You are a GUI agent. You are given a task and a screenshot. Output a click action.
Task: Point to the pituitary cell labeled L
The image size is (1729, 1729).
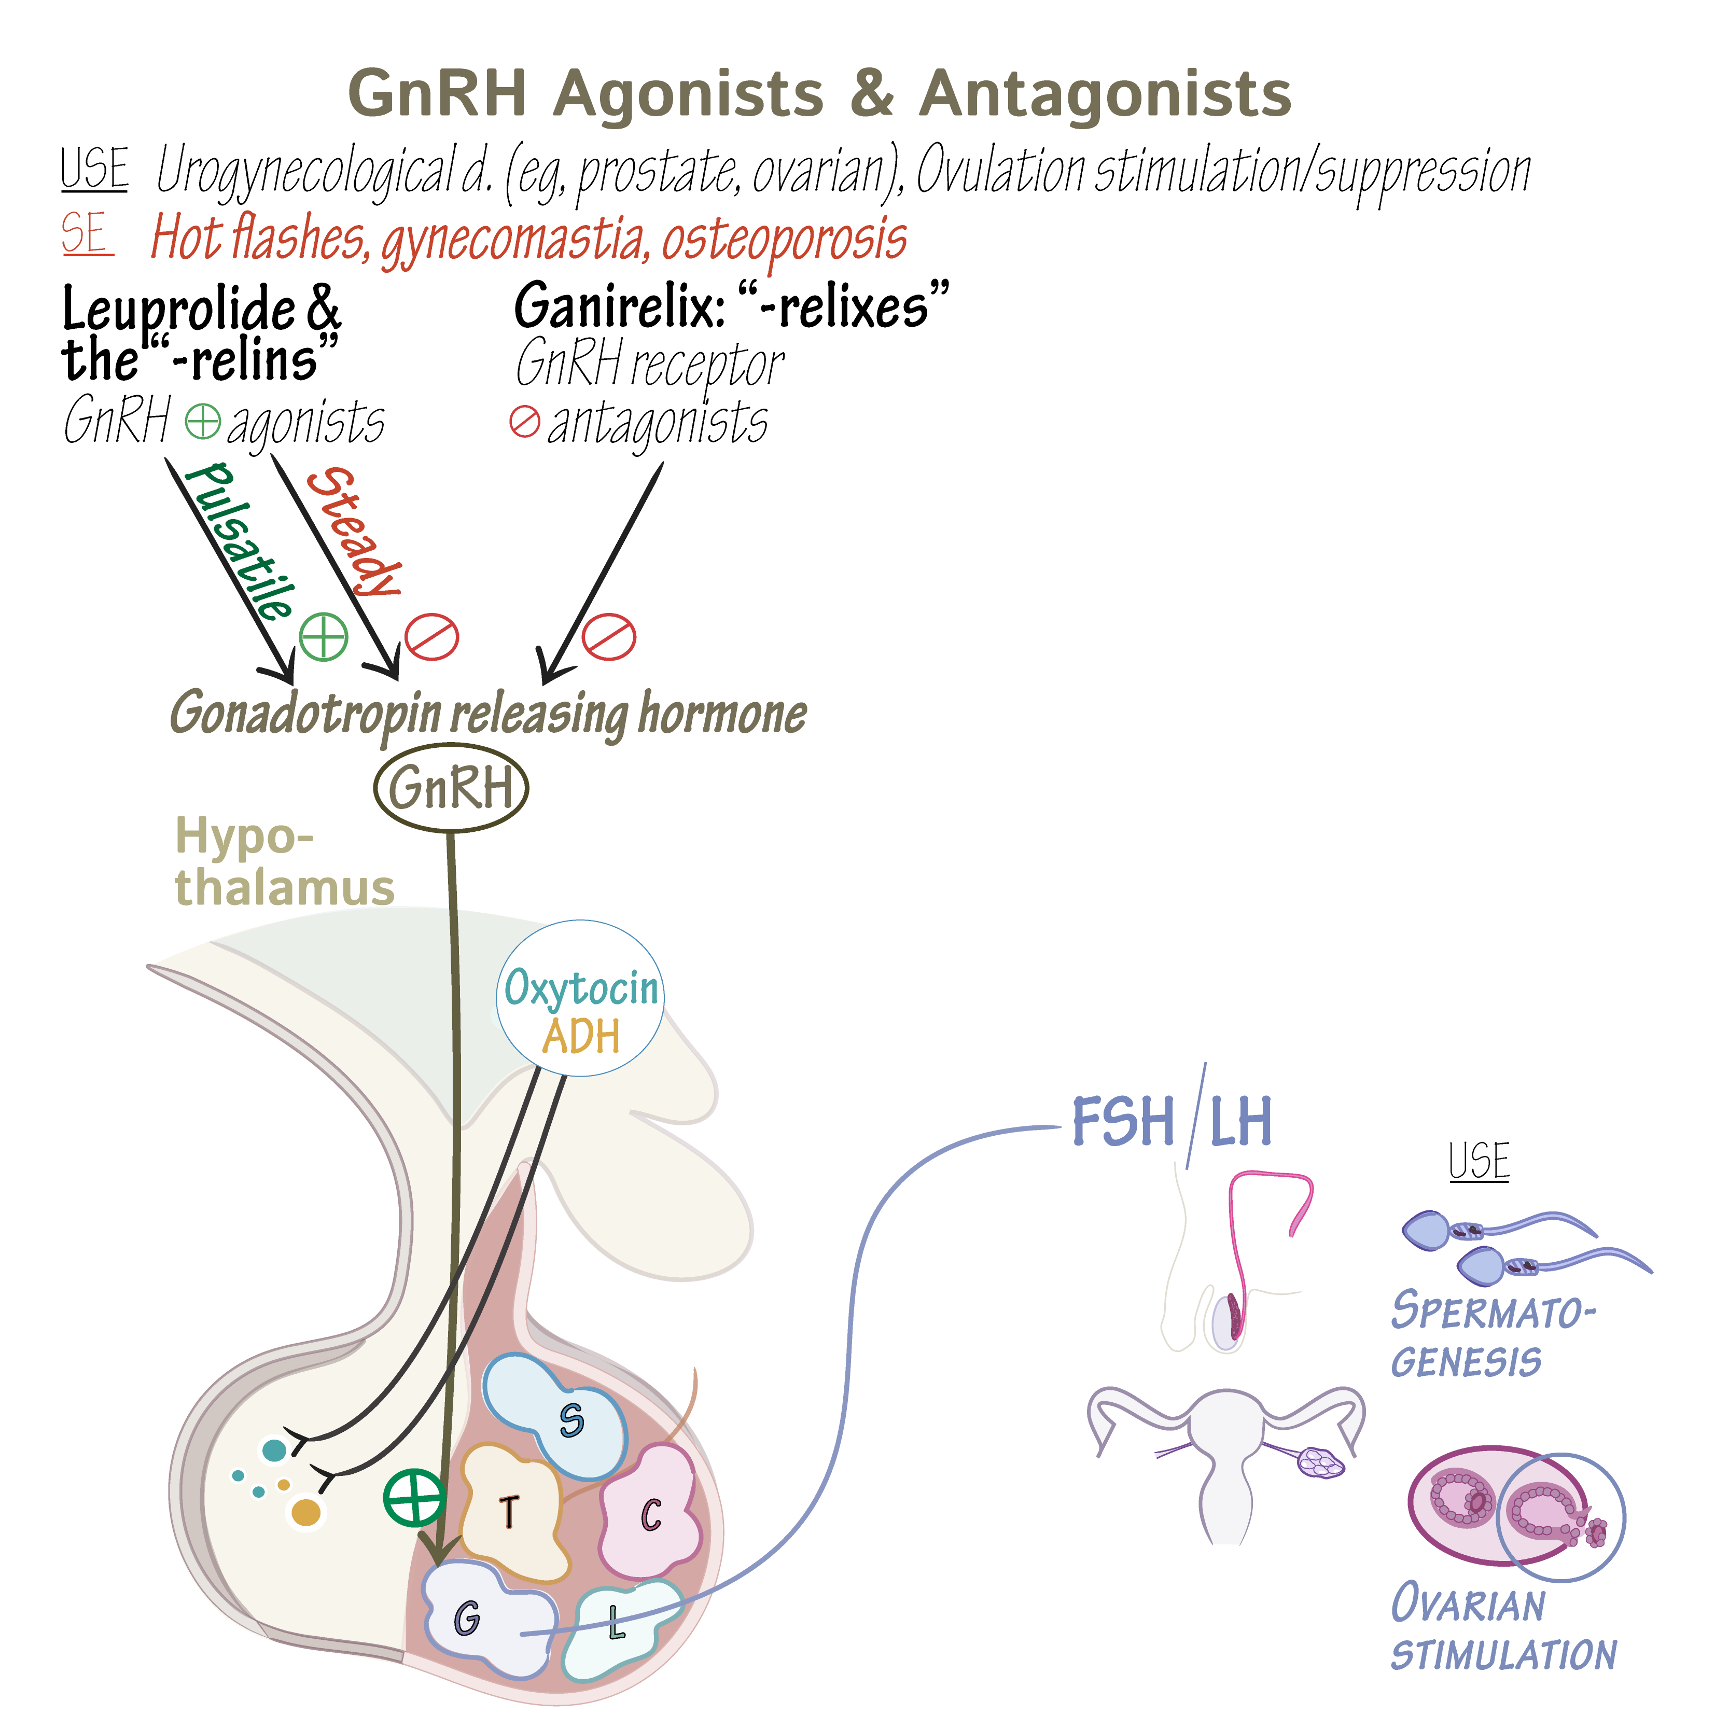click(x=619, y=1624)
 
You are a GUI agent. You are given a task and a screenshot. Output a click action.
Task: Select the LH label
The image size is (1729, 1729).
click(x=1240, y=1121)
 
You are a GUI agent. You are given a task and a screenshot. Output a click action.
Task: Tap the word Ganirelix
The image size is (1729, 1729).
click(x=618, y=306)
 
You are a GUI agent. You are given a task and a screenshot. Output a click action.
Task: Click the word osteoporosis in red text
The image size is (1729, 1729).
click(x=784, y=240)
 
